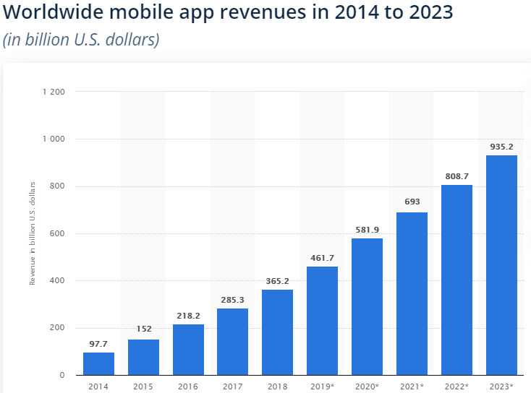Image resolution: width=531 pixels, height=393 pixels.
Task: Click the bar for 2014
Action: [98, 363]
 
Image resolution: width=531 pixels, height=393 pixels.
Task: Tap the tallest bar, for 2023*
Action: [501, 265]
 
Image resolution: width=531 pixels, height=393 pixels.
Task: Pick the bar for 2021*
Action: [412, 293]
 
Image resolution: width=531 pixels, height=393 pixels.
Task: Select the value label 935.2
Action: [501, 146]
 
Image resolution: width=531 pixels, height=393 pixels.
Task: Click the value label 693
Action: [412, 202]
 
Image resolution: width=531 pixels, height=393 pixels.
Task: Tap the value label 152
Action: [143, 329]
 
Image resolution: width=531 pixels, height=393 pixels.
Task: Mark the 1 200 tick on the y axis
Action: [54, 92]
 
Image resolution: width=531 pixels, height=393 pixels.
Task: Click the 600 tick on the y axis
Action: [58, 233]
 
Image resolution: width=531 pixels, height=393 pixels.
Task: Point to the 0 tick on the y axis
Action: [63, 375]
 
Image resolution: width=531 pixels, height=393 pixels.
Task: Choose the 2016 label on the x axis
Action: [188, 386]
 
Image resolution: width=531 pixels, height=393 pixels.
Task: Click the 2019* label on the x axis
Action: [323, 386]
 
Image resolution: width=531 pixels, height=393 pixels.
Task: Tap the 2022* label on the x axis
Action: [456, 386]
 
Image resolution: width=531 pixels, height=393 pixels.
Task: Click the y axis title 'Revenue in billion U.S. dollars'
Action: [33, 233]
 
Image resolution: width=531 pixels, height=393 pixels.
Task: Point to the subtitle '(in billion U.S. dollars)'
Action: [80, 40]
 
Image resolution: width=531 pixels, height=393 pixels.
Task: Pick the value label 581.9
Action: [367, 229]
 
